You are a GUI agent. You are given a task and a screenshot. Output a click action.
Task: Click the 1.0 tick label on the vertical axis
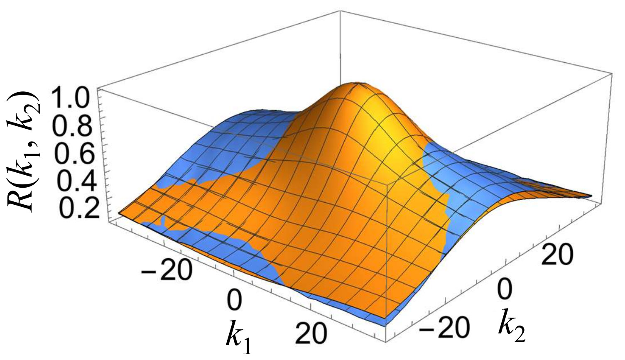pyautogui.click(x=75, y=98)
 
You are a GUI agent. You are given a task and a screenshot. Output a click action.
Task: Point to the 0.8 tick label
pyautogui.click(x=75, y=127)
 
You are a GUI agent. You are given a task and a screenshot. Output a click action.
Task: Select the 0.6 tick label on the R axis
pyautogui.click(x=75, y=154)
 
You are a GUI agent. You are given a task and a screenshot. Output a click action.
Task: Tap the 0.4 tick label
pyautogui.click(x=75, y=181)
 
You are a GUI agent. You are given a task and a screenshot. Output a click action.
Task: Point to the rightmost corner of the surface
pyautogui.click(x=591, y=195)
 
